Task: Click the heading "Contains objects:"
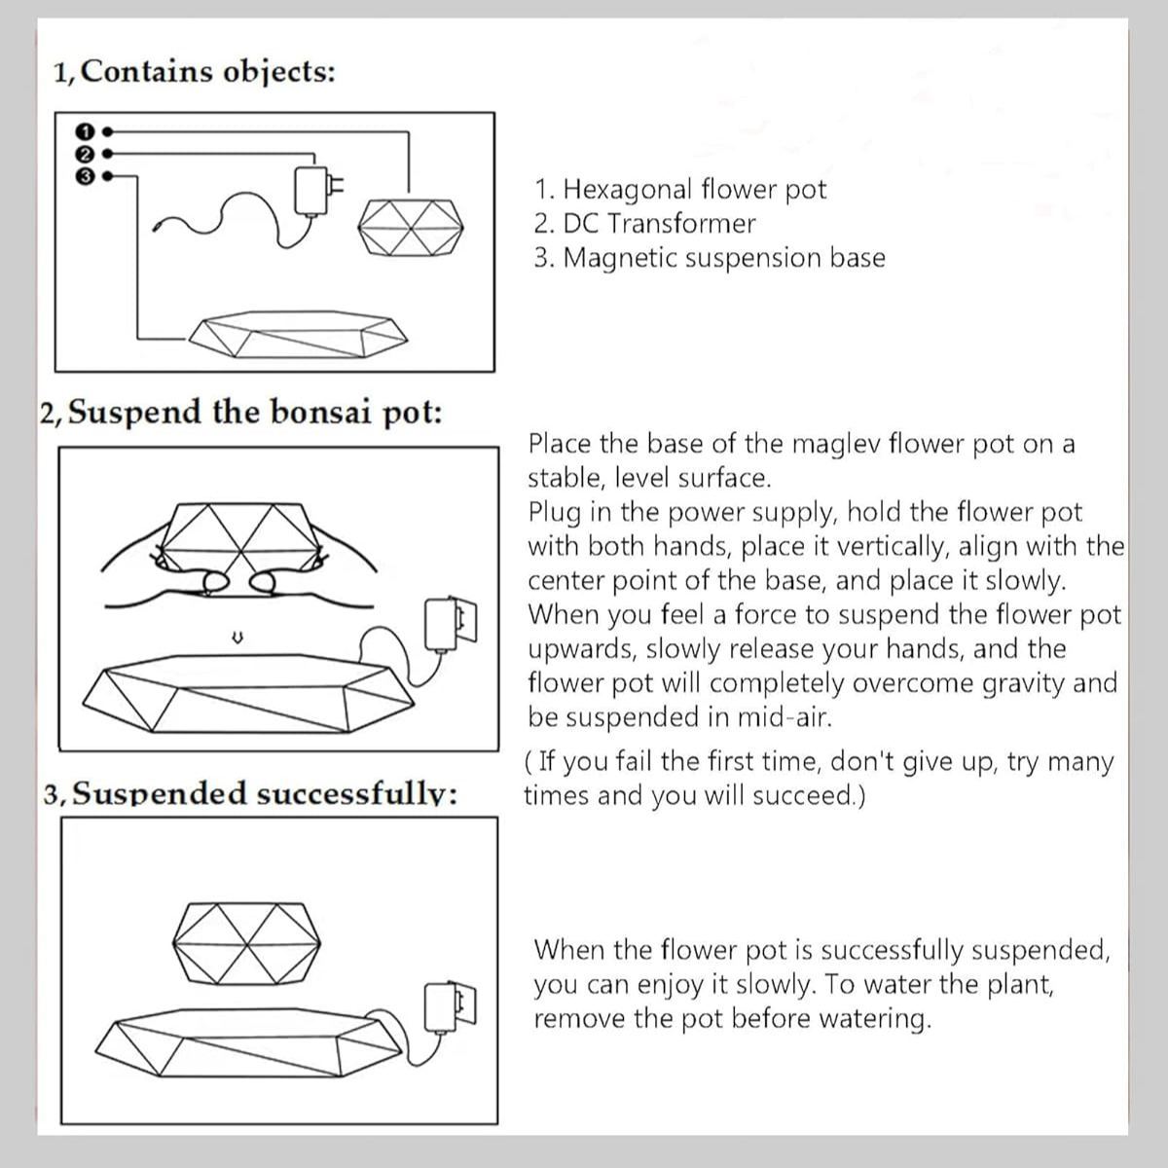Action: coord(195,72)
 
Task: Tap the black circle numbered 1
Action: coord(85,129)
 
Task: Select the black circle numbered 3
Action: coord(85,176)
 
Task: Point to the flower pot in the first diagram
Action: coord(410,230)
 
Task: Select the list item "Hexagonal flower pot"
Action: coord(679,189)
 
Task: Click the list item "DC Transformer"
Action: coord(644,224)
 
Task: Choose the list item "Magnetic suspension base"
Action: coord(710,258)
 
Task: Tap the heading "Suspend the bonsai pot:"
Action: coord(241,412)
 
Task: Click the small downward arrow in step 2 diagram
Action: coord(236,639)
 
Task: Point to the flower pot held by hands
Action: coord(238,541)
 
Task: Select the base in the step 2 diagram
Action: coord(243,693)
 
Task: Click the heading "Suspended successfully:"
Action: coord(251,794)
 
